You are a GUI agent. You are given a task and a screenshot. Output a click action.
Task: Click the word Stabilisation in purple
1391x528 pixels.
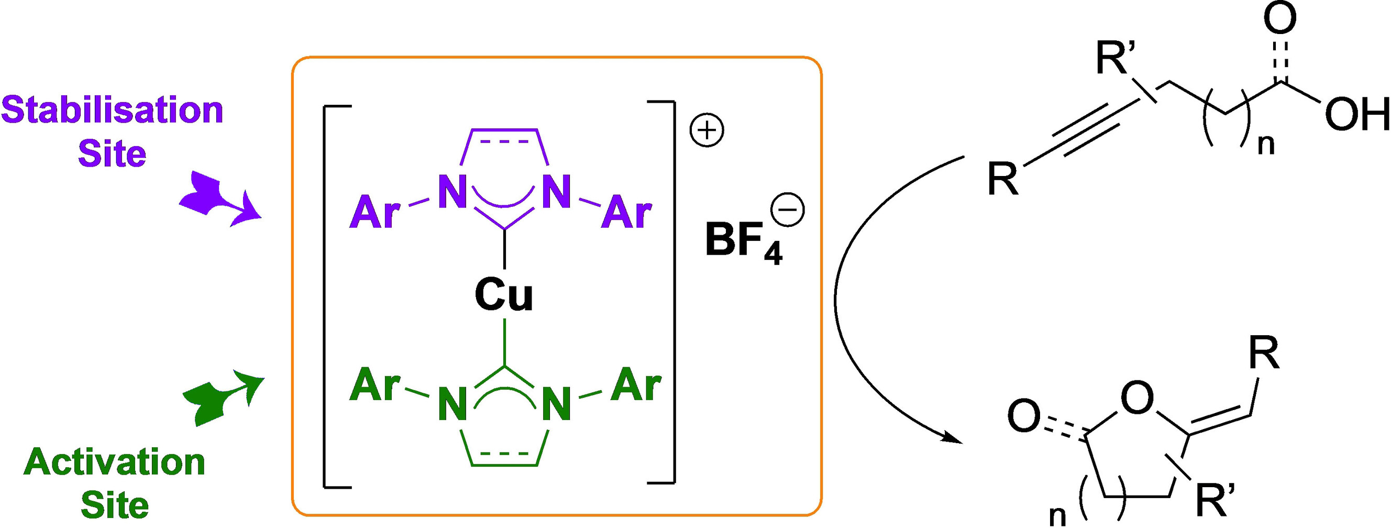click(112, 111)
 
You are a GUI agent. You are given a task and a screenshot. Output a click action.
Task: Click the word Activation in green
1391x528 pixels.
click(115, 463)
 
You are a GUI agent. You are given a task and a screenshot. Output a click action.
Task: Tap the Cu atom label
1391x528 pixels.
click(504, 296)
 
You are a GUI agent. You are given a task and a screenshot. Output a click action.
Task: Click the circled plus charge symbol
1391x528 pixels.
click(707, 131)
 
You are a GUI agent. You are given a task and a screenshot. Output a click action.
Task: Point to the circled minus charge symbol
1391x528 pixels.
click(788, 211)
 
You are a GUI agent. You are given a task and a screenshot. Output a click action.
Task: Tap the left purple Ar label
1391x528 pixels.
click(375, 214)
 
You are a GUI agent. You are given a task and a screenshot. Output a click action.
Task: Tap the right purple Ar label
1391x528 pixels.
click(626, 214)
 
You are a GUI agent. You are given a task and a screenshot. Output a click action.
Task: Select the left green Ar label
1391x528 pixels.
click(375, 387)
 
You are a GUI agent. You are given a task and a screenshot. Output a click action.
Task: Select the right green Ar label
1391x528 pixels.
click(636, 386)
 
